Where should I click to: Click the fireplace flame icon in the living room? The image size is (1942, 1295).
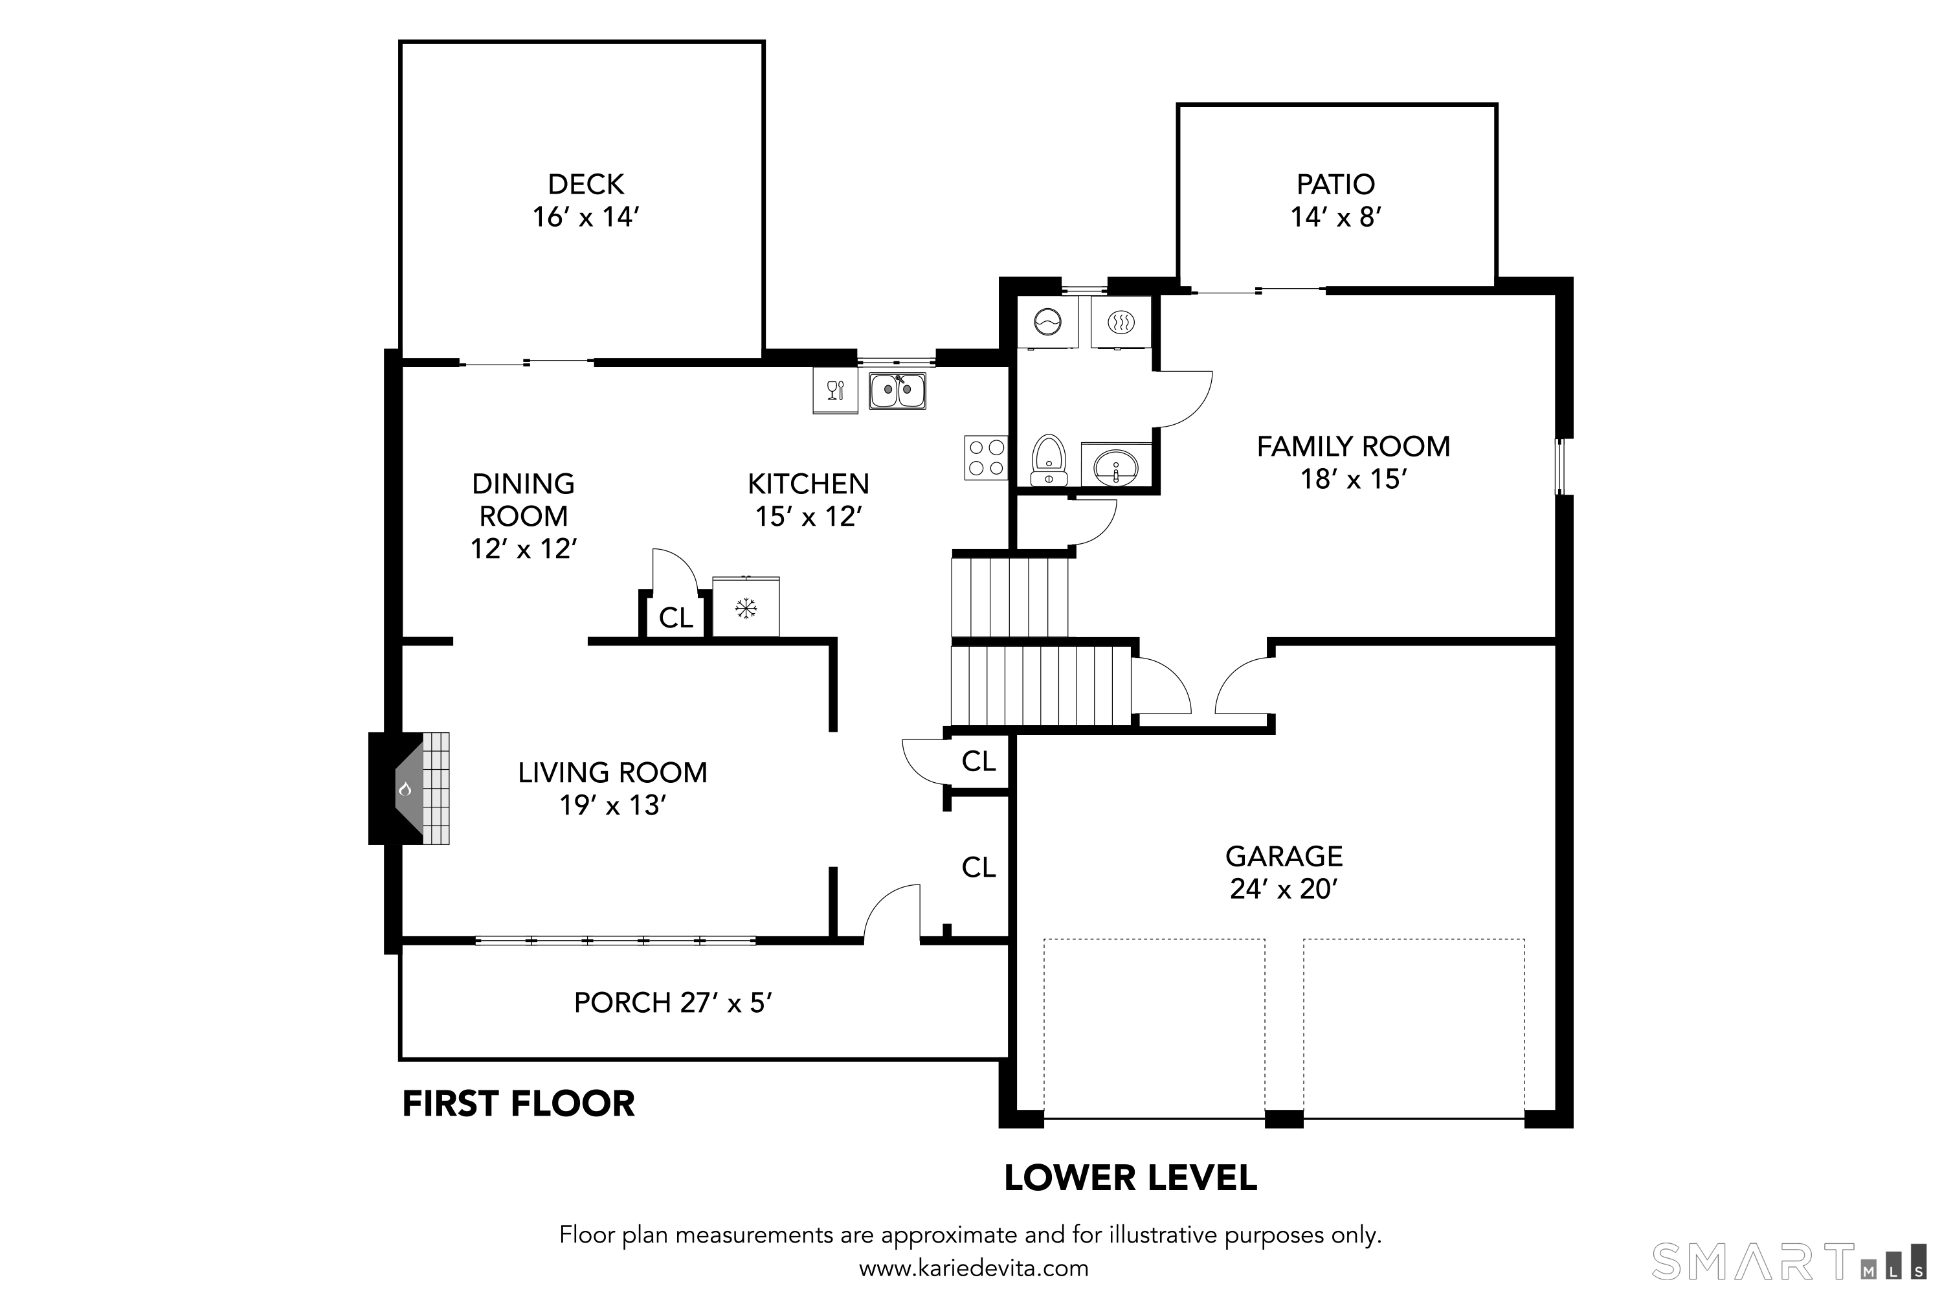click(405, 789)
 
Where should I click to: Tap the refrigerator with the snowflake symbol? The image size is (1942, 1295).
click(746, 609)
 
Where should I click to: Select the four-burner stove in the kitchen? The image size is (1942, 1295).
click(986, 458)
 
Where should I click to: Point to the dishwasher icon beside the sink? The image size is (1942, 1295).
click(835, 390)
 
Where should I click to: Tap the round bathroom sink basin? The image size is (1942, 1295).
click(1115, 467)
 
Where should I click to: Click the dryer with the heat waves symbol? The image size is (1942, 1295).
click(1121, 321)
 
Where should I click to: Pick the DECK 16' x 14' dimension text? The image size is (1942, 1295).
click(586, 217)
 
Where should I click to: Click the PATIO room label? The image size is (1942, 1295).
click(1335, 184)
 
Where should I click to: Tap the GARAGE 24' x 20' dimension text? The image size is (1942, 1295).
click(1283, 888)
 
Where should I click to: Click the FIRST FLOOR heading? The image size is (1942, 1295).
click(518, 1104)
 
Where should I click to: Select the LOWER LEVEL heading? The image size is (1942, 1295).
click(1130, 1178)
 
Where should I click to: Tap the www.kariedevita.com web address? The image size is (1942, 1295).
click(974, 1268)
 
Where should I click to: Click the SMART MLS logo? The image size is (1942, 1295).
click(1792, 1262)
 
